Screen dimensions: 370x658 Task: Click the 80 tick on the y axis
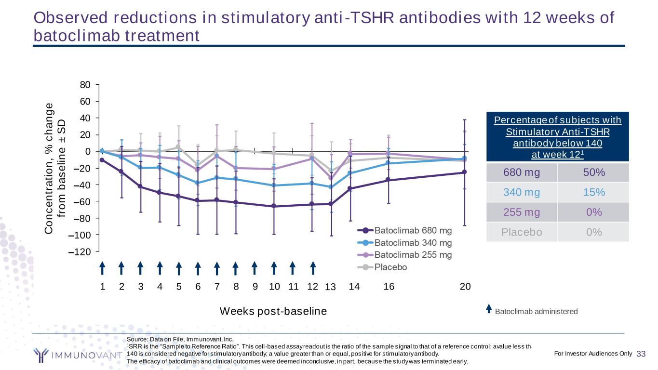pos(86,85)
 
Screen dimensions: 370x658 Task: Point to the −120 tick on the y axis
pos(83,251)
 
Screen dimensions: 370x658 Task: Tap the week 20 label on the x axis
pos(465,287)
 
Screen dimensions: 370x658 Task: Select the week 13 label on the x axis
pos(330,288)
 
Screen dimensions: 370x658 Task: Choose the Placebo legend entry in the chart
pos(390,267)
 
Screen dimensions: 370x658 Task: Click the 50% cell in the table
pos(593,172)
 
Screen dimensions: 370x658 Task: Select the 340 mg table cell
pos(522,192)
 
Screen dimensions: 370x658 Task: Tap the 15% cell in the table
pos(593,192)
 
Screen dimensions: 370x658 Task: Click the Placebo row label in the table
pos(522,232)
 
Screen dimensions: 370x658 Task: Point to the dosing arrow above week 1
pos(102,268)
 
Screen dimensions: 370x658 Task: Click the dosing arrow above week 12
pos(313,268)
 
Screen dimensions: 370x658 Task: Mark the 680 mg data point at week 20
pos(464,172)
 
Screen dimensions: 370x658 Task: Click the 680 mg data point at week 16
pos(389,180)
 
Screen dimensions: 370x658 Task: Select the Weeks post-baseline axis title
pos(273,311)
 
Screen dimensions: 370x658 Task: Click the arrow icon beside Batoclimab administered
pos(489,308)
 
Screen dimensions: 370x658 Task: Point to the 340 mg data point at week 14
pos(350,173)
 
